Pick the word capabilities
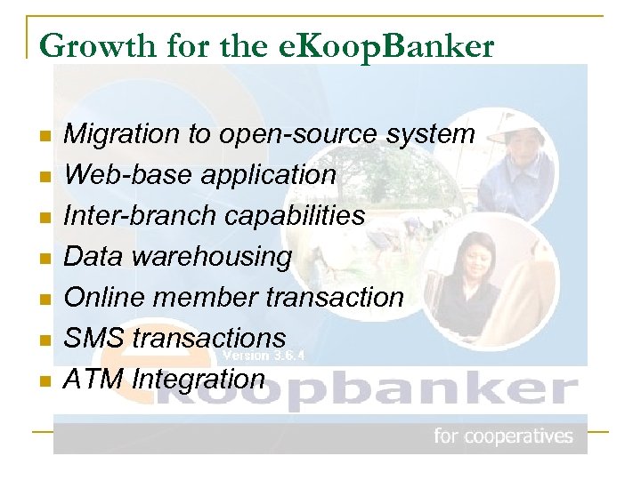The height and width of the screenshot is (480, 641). pos(295,216)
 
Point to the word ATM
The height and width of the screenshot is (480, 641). pos(94,379)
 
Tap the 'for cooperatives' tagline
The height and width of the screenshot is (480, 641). pos(503,436)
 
